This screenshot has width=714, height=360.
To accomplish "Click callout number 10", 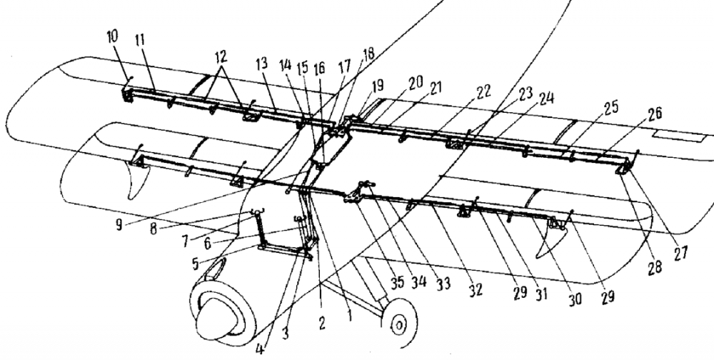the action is click(x=113, y=37).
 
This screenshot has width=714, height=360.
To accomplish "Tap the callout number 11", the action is click(x=139, y=40).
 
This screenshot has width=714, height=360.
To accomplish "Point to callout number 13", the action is click(x=261, y=64).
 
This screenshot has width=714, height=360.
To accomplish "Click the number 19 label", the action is click(x=377, y=85).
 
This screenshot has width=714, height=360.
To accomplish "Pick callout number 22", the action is click(x=483, y=91).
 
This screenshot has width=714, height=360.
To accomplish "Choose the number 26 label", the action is click(x=654, y=114).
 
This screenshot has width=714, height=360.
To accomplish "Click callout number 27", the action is click(x=680, y=254).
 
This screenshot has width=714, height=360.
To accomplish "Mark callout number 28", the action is click(x=655, y=268).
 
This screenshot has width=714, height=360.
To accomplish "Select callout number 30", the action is click(x=575, y=299).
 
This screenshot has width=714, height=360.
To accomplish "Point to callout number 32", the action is click(x=476, y=290).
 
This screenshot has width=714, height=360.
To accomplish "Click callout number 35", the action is click(x=396, y=282).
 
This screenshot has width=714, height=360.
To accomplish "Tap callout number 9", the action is click(x=119, y=225).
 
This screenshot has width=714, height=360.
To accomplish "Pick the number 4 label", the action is click(x=259, y=349).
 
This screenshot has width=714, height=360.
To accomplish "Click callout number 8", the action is click(x=154, y=229).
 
